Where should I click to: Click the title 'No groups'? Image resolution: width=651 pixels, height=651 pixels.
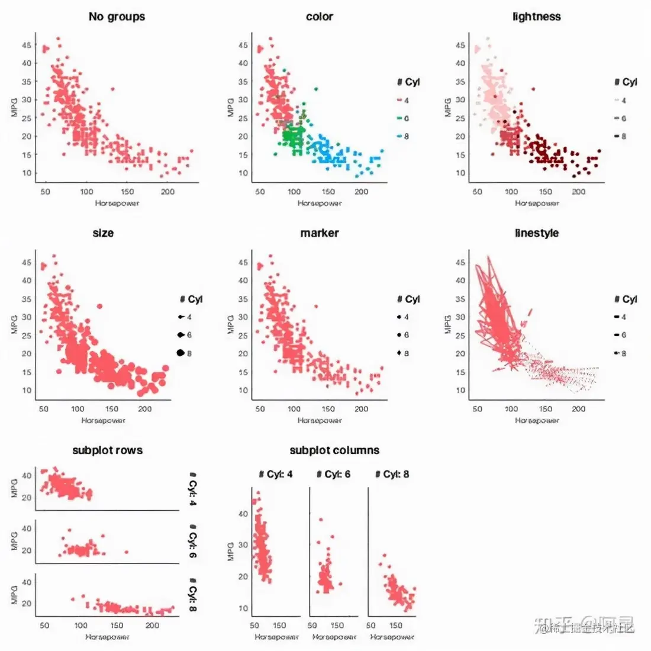(x=117, y=17)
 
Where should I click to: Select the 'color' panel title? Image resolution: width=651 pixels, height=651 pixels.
(x=320, y=17)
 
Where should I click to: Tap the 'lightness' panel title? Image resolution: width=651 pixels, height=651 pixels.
(x=536, y=17)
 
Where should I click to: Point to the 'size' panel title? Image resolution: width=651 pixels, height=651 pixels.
(x=103, y=233)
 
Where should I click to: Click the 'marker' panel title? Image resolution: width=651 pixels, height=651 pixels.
(x=320, y=233)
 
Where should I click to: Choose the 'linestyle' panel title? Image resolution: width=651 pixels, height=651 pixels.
(x=536, y=233)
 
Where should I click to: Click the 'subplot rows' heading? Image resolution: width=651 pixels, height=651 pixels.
(x=107, y=450)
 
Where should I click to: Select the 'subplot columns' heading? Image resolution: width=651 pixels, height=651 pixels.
(x=334, y=450)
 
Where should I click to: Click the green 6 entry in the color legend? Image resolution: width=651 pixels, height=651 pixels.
(x=403, y=118)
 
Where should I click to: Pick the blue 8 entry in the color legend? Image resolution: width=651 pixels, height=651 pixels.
(x=403, y=137)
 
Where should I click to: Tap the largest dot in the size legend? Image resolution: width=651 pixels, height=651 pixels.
(x=181, y=353)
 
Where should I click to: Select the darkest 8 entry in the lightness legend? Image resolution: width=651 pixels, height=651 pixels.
(x=620, y=137)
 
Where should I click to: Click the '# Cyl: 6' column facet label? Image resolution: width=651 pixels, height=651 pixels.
(x=333, y=474)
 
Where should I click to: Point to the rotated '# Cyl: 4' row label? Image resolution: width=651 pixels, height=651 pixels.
(x=192, y=489)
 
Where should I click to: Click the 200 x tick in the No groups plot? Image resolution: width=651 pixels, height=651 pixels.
(x=167, y=192)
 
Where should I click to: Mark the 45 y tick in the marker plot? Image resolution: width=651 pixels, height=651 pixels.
(x=243, y=262)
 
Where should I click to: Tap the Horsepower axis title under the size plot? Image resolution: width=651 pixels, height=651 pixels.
(x=103, y=421)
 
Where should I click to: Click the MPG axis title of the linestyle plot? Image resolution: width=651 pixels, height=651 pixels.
(x=448, y=324)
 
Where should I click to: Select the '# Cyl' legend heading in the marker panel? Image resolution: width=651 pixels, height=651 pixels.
(x=408, y=299)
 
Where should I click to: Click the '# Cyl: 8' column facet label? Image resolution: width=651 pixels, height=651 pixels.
(x=392, y=474)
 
